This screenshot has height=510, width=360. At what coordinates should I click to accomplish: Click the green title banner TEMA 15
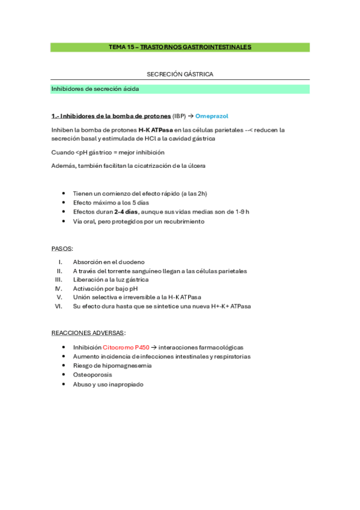[180, 47]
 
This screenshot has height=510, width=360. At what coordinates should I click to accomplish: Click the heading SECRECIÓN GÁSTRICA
[180, 74]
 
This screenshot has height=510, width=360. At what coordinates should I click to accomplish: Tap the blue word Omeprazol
[212, 116]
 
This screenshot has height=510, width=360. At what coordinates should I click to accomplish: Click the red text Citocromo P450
[125, 347]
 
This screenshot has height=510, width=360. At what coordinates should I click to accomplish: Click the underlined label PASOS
[61, 248]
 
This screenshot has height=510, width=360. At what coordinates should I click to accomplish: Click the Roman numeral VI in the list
[59, 306]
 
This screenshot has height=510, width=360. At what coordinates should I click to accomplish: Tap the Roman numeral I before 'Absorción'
[61, 262]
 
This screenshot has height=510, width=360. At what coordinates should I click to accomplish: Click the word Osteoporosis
[93, 375]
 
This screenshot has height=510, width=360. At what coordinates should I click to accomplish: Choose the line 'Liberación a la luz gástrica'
[110, 280]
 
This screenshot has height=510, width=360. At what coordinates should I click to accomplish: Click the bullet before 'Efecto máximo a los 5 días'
[64, 203]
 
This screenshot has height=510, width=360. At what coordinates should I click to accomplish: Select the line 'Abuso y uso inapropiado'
[108, 384]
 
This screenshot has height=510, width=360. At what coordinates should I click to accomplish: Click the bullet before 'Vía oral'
[64, 221]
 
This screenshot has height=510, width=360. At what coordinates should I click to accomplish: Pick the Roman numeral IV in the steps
[59, 288]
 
